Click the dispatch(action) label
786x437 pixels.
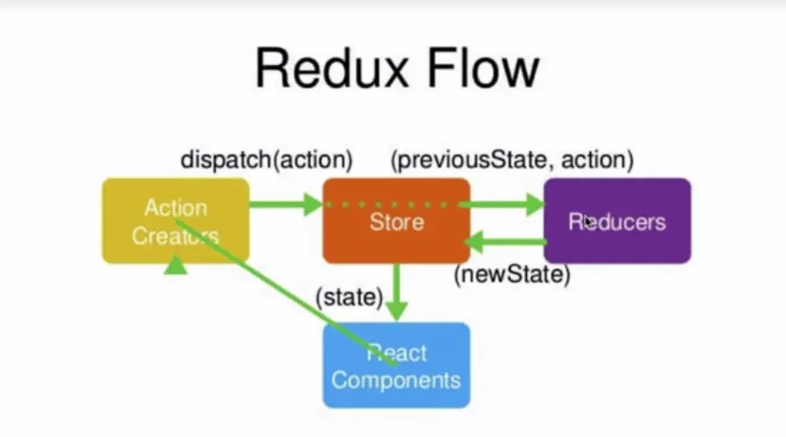coord(267,161)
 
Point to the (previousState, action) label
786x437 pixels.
coord(512,161)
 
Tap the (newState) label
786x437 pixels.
coord(512,276)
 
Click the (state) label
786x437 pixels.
coord(349,297)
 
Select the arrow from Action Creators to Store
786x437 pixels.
coord(285,204)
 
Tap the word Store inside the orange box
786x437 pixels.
coord(396,221)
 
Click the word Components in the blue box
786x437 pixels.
coord(396,380)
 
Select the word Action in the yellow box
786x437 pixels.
coord(176,209)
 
